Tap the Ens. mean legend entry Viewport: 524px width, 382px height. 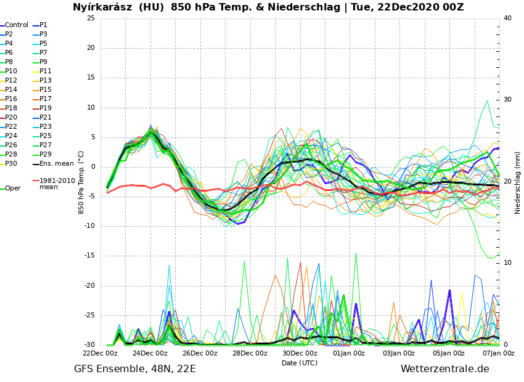click(x=56, y=164)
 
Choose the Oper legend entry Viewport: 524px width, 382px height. click(x=12, y=189)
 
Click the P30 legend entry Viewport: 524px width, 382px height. click(x=11, y=164)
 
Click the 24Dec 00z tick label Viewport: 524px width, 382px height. click(x=150, y=354)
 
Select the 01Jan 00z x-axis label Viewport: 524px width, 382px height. click(x=350, y=354)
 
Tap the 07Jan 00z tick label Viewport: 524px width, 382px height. click(x=498, y=354)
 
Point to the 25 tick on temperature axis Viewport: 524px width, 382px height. click(x=91, y=18)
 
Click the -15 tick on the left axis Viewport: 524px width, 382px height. click(x=89, y=256)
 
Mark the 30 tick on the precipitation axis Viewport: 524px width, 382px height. click(x=507, y=100)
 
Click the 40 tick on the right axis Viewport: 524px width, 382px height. click(x=507, y=18)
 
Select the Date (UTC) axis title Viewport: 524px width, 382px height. click(x=300, y=364)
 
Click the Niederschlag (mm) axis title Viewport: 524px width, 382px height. click(x=518, y=182)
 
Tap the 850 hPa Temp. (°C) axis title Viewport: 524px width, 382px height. click(x=81, y=182)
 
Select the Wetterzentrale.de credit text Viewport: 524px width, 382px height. click(x=444, y=369)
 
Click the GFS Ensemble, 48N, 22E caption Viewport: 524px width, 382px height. click(x=135, y=369)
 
